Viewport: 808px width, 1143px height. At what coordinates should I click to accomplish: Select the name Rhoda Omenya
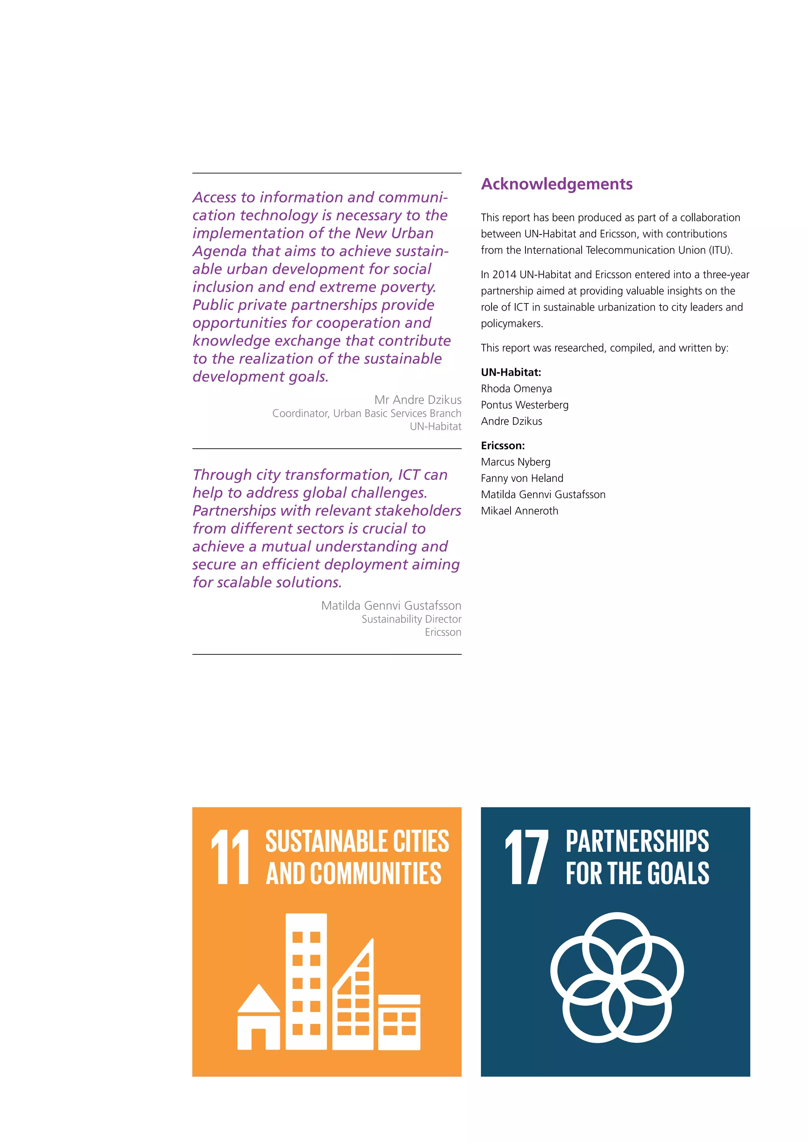pyautogui.click(x=516, y=388)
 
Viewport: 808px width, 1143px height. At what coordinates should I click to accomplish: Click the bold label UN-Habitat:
pyautogui.click(x=511, y=372)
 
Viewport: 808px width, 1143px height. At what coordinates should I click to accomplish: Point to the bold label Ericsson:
pyautogui.click(x=503, y=446)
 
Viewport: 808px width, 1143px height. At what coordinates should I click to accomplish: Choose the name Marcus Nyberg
pyautogui.click(x=515, y=462)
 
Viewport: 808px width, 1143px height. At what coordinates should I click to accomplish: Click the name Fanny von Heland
pyautogui.click(x=522, y=478)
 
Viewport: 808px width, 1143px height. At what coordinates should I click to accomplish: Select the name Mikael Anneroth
pyautogui.click(x=520, y=511)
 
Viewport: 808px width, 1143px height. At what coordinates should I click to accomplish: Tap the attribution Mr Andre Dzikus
pyautogui.click(x=417, y=400)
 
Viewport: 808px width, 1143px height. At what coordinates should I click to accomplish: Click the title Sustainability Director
pyautogui.click(x=411, y=619)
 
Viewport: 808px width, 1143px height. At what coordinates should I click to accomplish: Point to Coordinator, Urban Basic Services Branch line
pyautogui.click(x=366, y=413)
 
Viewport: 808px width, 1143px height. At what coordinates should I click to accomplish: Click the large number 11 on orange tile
pyautogui.click(x=230, y=857)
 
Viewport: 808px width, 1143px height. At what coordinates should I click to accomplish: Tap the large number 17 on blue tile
pyautogui.click(x=526, y=857)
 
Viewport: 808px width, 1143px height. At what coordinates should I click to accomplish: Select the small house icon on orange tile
pyautogui.click(x=259, y=1017)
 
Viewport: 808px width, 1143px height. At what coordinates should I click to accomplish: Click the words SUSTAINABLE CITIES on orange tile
pyautogui.click(x=357, y=841)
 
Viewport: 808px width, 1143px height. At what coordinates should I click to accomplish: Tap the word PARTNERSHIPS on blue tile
pyautogui.click(x=637, y=841)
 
